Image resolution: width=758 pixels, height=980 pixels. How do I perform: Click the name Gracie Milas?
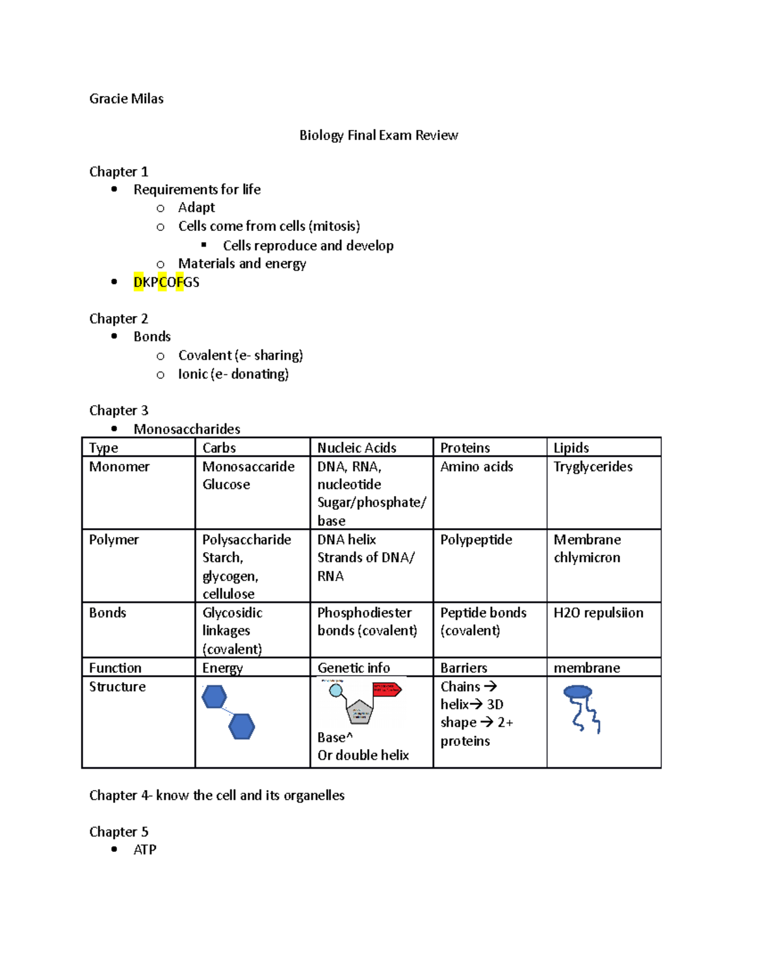click(x=126, y=98)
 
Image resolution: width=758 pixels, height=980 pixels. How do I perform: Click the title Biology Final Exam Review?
click(x=378, y=135)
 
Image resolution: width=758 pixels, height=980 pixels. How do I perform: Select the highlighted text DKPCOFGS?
click(x=166, y=282)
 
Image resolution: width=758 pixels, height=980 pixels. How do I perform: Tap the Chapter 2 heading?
click(x=119, y=319)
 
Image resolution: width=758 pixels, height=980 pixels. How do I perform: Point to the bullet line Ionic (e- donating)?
click(x=233, y=374)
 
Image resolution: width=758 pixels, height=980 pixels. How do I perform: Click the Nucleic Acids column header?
click(x=356, y=447)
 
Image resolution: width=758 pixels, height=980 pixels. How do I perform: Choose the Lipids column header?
click(x=571, y=447)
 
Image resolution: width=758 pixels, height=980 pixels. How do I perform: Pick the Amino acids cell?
click(x=476, y=466)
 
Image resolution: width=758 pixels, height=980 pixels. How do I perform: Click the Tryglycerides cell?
click(x=593, y=466)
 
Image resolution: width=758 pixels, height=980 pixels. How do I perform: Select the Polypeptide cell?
click(x=476, y=540)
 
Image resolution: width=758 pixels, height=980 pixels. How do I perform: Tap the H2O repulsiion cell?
click(x=598, y=613)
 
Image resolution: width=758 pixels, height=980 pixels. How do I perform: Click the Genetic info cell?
click(x=353, y=668)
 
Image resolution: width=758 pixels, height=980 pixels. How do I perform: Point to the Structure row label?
click(x=117, y=687)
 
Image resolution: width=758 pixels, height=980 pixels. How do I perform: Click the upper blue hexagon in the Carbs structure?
click(x=214, y=697)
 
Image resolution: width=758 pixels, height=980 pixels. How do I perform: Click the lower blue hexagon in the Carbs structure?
click(x=241, y=726)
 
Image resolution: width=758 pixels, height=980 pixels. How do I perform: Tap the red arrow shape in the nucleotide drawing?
click(x=387, y=689)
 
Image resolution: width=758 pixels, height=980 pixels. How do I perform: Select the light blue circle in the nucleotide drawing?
click(x=336, y=690)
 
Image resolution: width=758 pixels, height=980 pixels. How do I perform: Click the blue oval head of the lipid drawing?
click(x=577, y=692)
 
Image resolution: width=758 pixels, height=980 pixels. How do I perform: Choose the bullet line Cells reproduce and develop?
click(x=308, y=245)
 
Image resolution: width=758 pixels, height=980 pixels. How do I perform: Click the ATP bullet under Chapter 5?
click(x=145, y=849)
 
